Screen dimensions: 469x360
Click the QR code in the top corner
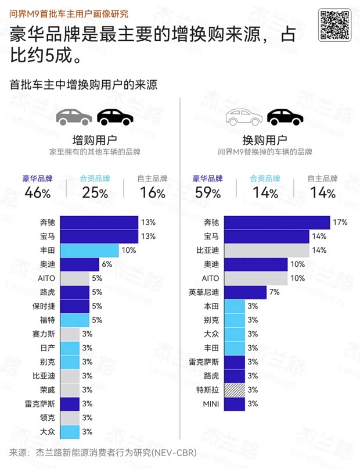click(x=334, y=25)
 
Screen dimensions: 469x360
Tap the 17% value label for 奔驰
click(x=340, y=223)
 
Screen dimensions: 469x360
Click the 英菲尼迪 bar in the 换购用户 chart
click(x=245, y=292)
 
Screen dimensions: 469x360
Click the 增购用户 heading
click(x=95, y=140)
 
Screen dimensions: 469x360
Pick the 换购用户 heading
click(x=265, y=140)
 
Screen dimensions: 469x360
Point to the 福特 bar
click(x=74, y=320)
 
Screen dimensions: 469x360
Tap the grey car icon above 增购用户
click(x=74, y=118)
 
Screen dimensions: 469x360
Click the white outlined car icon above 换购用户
click(x=244, y=118)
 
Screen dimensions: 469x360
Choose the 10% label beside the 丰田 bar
click(x=128, y=250)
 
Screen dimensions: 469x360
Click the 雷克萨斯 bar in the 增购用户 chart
click(x=70, y=404)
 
